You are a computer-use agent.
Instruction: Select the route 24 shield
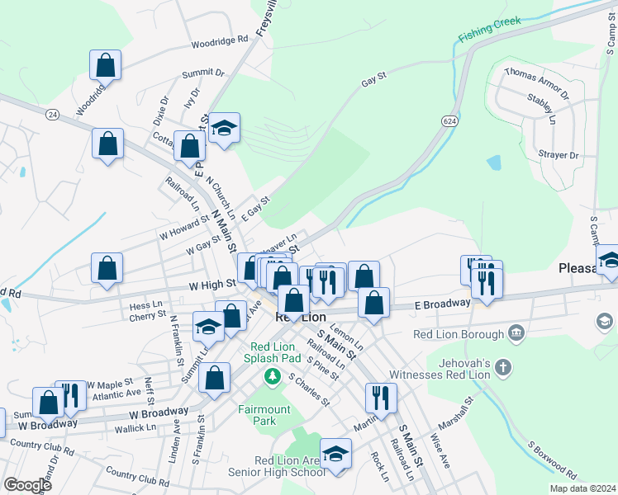click(x=53, y=113)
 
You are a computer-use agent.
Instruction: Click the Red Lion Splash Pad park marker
click(x=270, y=376)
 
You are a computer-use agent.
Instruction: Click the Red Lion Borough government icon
click(x=516, y=333)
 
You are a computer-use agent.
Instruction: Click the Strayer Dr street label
click(x=560, y=155)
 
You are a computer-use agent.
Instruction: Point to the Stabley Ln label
click(x=542, y=107)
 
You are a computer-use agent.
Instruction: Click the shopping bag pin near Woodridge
click(x=106, y=64)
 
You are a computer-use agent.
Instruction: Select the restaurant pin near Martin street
click(x=381, y=396)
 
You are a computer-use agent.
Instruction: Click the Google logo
click(x=27, y=485)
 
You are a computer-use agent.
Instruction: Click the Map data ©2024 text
click(x=582, y=488)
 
